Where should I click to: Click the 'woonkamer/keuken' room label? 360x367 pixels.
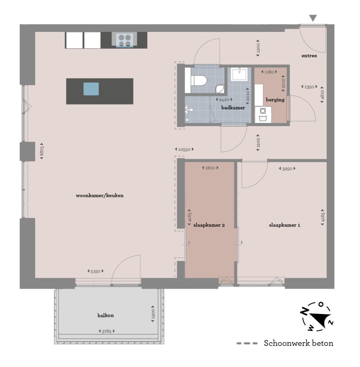pyautogui.click(x=99, y=195)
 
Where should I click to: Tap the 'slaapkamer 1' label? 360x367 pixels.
pyautogui.click(x=284, y=225)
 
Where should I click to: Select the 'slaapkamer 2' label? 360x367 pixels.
pyautogui.click(x=209, y=225)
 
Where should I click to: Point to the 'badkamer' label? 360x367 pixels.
pyautogui.click(x=233, y=108)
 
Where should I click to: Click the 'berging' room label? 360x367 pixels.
pyautogui.click(x=275, y=99)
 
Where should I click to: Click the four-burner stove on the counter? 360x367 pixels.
pyautogui.click(x=124, y=39)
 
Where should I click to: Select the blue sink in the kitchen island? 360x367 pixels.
pyautogui.click(x=91, y=89)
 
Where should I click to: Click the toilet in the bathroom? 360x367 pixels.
pyautogui.click(x=197, y=81)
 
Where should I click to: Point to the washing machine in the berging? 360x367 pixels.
pyautogui.click(x=262, y=112)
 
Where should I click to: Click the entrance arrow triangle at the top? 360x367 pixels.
pyautogui.click(x=313, y=18)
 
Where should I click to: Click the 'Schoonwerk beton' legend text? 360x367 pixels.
pyautogui.click(x=299, y=344)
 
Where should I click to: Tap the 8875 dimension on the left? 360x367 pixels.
pyautogui.click(x=42, y=151)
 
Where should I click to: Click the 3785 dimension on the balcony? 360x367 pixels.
pyautogui.click(x=107, y=332)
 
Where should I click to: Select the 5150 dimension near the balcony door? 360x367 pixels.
pyautogui.click(x=95, y=271)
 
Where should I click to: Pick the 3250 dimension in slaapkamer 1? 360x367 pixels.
pyautogui.click(x=287, y=168)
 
